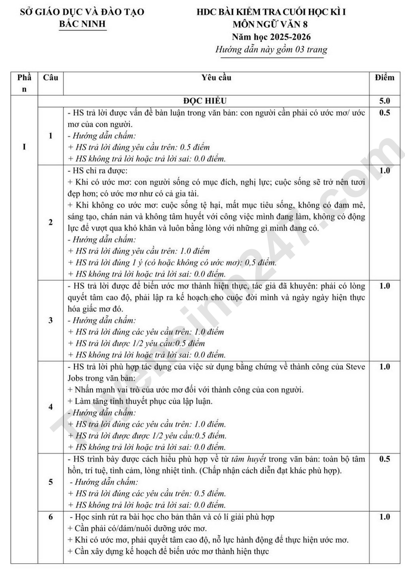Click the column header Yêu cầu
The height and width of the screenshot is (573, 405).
click(x=216, y=78)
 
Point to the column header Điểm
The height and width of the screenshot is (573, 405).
click(x=384, y=78)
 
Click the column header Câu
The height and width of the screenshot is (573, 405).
click(x=51, y=78)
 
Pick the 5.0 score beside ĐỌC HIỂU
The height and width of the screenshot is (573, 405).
click(x=384, y=100)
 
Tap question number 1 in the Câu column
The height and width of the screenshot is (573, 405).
click(x=50, y=135)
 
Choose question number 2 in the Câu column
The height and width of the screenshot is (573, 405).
click(x=50, y=222)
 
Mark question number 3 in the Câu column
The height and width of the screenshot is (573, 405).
click(x=50, y=320)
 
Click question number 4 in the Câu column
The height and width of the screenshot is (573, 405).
click(x=50, y=407)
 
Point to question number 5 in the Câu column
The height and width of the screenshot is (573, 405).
click(x=50, y=482)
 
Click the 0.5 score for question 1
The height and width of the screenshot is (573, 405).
click(x=384, y=113)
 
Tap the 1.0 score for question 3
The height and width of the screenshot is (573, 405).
click(x=384, y=286)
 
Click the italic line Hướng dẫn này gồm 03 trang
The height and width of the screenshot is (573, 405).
click(x=271, y=50)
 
